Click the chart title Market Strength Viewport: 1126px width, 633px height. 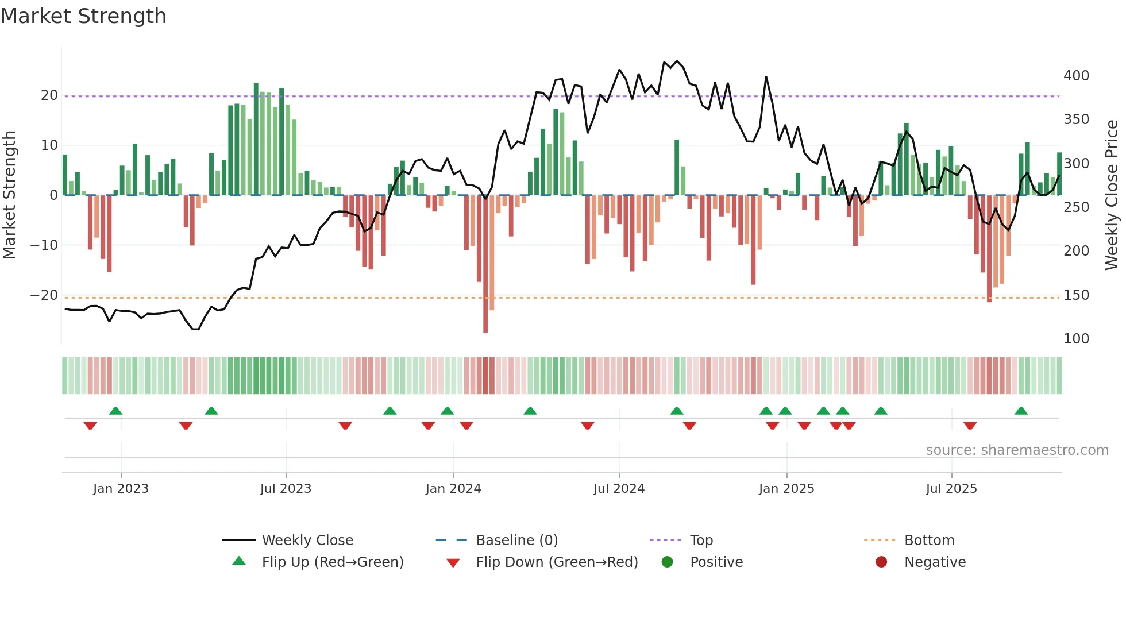coord(83,16)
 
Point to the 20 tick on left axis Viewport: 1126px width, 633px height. coord(49,95)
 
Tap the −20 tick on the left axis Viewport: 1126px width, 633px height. coord(44,295)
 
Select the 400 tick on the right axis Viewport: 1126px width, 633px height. coord(1076,76)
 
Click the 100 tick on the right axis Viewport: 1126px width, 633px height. coord(1076,339)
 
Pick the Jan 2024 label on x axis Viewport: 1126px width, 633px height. coord(453,489)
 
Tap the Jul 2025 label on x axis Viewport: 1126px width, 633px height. coord(951,489)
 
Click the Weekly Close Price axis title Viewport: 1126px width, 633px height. coord(1112,195)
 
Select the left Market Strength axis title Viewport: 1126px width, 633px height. coord(9,195)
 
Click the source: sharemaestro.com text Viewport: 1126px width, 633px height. coord(1017,450)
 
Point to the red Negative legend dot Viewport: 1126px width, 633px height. coord(881,562)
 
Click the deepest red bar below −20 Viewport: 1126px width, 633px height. coord(485,264)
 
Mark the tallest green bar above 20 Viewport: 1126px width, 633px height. coord(256,139)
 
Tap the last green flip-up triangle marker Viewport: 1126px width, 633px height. coord(1021,411)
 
